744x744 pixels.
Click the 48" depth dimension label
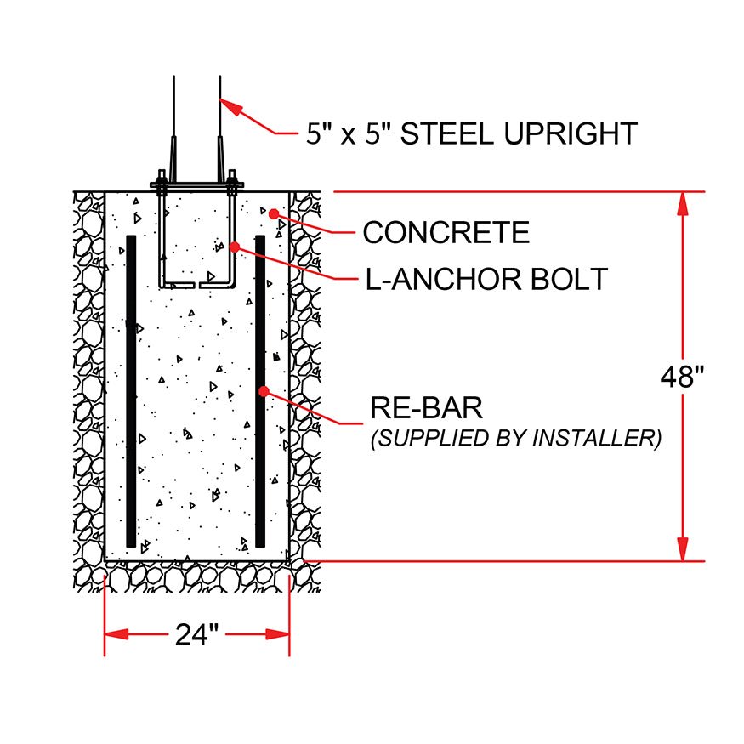click(x=682, y=378)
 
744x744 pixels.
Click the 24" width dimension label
click(x=197, y=634)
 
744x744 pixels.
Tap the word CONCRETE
click(x=446, y=232)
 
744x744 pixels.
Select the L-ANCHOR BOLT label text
click(x=486, y=279)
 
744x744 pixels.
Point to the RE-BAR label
click(x=426, y=407)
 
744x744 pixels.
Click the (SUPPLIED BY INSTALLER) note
click(x=516, y=438)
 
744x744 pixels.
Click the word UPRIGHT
click(x=571, y=133)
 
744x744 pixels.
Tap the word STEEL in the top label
click(x=447, y=133)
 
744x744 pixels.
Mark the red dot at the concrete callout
click(x=273, y=214)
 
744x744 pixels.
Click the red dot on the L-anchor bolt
click(x=235, y=247)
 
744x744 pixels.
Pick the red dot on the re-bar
click(x=264, y=391)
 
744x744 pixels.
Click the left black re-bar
click(x=131, y=391)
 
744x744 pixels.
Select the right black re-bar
click(x=260, y=391)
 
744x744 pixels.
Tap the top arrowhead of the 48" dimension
click(x=682, y=204)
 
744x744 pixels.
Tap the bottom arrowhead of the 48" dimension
click(x=682, y=549)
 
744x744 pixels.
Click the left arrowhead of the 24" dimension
click(x=116, y=634)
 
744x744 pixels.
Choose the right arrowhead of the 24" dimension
click(x=277, y=634)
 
